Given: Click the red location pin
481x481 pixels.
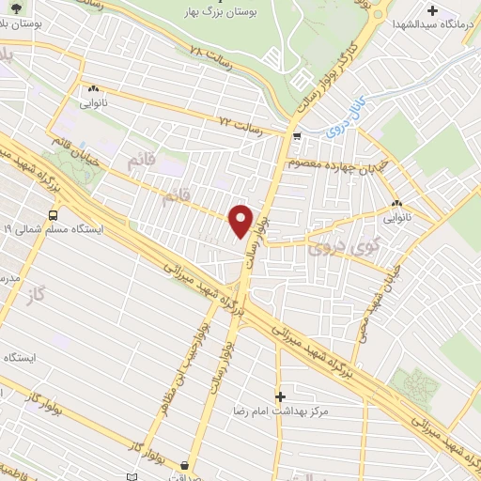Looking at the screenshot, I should coord(241,221).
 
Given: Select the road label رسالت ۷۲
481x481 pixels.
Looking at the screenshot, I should coord(237,122).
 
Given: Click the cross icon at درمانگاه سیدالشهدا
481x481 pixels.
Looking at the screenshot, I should coord(432,11).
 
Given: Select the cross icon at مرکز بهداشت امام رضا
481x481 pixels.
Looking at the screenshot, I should coord(279,396).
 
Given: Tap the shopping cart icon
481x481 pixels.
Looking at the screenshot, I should coord(297,137).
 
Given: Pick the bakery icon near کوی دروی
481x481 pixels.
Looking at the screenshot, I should coord(396,203).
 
